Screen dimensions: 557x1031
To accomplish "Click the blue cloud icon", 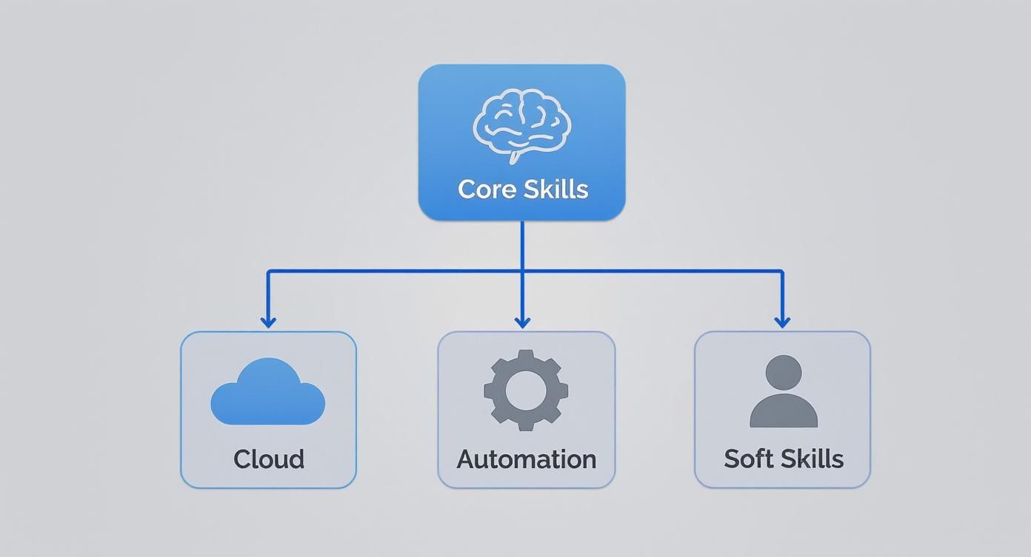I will pyautogui.click(x=267, y=393).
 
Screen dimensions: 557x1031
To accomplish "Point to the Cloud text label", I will pyautogui.click(x=269, y=459).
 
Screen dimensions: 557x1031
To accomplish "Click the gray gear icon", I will pyautogui.click(x=526, y=390).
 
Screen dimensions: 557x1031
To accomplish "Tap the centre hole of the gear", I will pyautogui.click(x=526, y=390).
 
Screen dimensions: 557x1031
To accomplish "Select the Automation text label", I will pyautogui.click(x=526, y=459).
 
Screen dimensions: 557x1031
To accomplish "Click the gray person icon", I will pyautogui.click(x=784, y=392).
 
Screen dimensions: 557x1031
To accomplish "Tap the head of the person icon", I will pyautogui.click(x=784, y=373).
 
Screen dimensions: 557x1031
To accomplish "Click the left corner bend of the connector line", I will pyautogui.click(x=268, y=272).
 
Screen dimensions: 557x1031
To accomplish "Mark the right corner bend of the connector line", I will pyautogui.click(x=781, y=272).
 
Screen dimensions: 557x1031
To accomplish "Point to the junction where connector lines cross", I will pyautogui.click(x=522, y=271).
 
